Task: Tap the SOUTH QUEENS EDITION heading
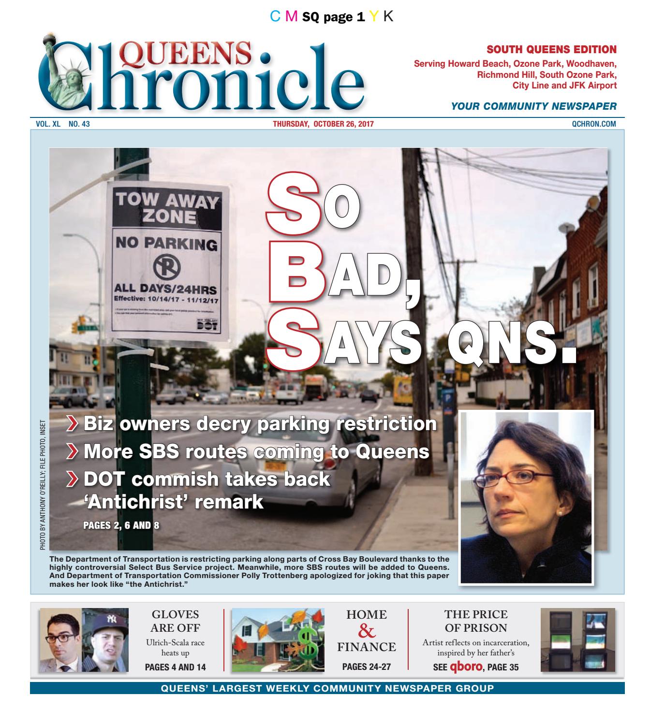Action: [x=551, y=49]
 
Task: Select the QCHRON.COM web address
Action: [x=593, y=124]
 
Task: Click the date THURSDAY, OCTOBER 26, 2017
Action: [x=323, y=124]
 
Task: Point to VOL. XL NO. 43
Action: [x=63, y=124]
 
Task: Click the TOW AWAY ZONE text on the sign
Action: [x=165, y=208]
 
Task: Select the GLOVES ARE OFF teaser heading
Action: [x=175, y=621]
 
